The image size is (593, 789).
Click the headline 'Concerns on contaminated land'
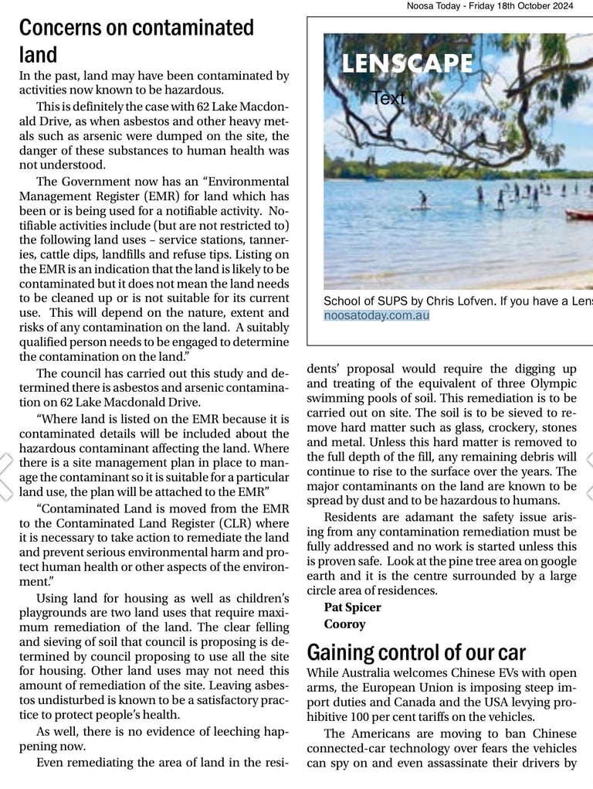136,40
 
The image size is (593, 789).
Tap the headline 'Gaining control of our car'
416,652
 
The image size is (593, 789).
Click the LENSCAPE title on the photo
408,63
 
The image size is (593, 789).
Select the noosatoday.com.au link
376,315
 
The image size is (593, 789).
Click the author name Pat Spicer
352,607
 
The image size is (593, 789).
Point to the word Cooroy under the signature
344,624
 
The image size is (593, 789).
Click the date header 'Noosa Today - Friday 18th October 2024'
490,6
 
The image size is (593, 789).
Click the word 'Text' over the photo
388,98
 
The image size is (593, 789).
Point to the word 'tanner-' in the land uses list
266,240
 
